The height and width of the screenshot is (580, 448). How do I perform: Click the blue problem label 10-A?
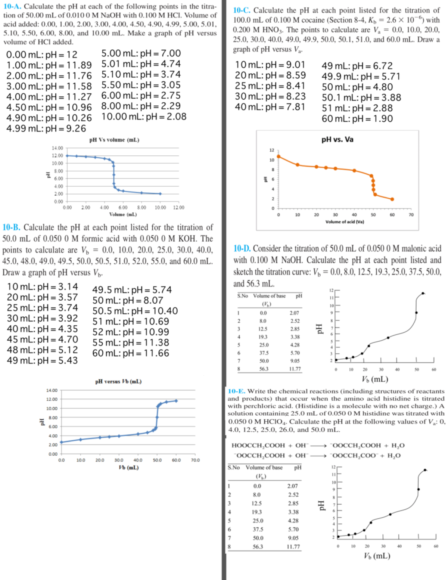click(12, 6)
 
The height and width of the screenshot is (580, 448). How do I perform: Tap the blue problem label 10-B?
click(12, 227)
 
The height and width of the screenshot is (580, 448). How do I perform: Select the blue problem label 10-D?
click(242, 248)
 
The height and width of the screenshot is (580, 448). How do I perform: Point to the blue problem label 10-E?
click(236, 391)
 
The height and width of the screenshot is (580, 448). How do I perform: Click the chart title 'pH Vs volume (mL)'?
click(114, 140)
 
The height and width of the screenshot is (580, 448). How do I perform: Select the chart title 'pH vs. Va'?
click(337, 139)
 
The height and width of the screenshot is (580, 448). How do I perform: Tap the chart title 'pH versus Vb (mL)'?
click(118, 381)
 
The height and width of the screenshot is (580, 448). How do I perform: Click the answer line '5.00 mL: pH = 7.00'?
click(141, 53)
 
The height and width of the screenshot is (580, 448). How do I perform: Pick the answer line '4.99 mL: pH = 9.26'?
click(46, 128)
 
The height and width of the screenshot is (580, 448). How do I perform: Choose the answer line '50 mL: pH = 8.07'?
click(128, 300)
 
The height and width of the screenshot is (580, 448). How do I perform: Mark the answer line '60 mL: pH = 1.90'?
click(357, 118)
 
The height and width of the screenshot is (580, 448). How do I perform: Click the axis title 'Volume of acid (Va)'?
click(345, 222)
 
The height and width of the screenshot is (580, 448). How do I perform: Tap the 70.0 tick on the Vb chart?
click(195, 460)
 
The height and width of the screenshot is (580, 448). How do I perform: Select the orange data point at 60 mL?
click(392, 199)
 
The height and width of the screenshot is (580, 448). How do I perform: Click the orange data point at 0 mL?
click(279, 156)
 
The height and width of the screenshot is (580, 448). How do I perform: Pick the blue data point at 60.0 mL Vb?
click(176, 401)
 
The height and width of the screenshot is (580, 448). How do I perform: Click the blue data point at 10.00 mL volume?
click(160, 194)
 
